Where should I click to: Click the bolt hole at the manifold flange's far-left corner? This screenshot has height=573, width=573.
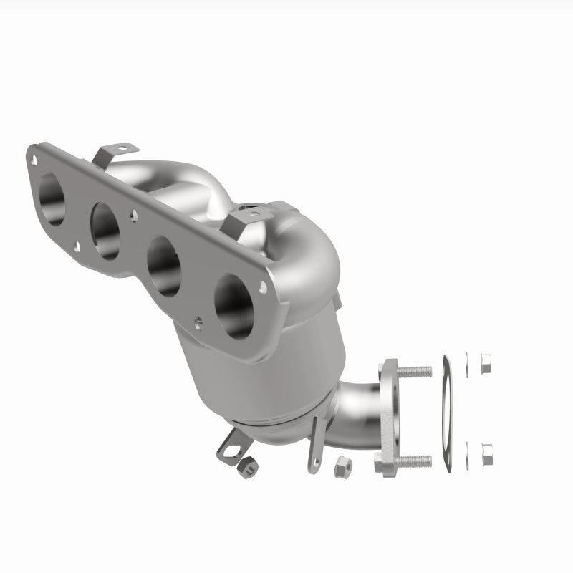[x=32, y=153]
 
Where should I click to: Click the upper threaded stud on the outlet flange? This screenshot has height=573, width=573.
[x=415, y=372]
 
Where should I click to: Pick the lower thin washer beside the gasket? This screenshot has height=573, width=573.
[x=468, y=451]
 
